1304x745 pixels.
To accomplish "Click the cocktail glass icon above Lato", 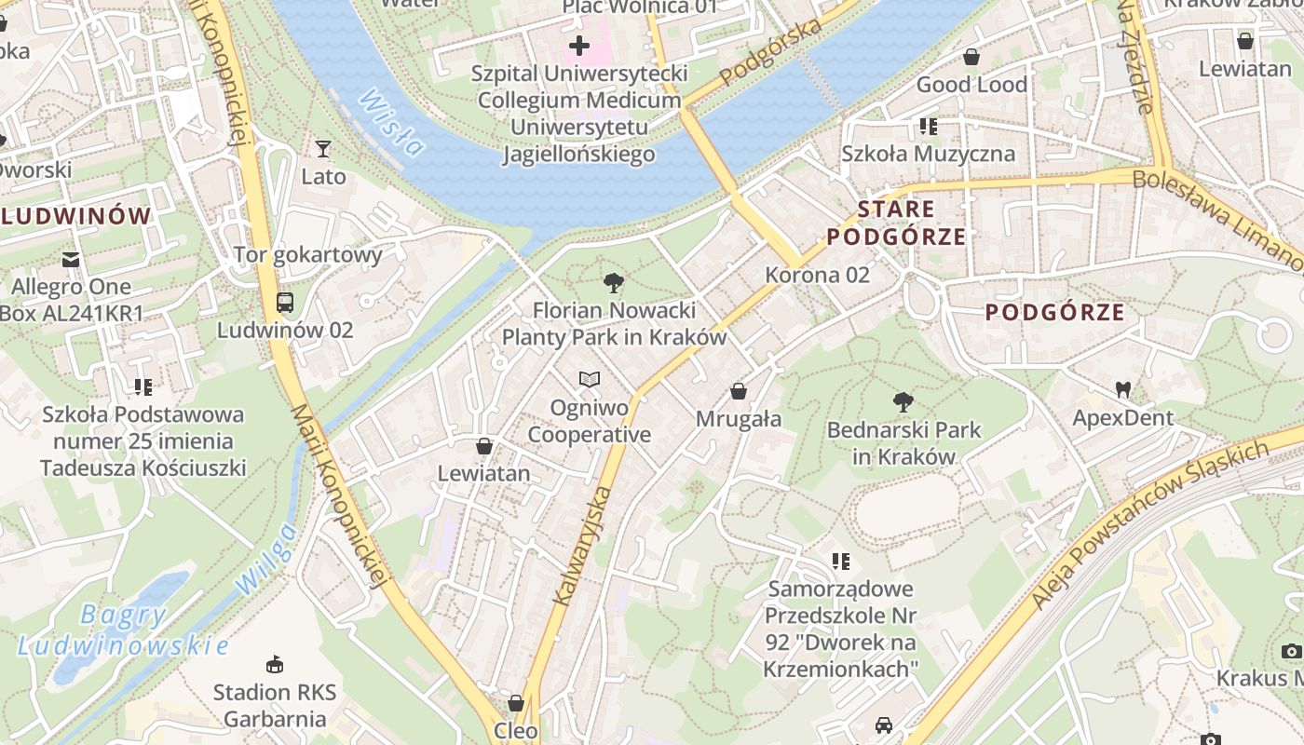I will (x=323, y=149).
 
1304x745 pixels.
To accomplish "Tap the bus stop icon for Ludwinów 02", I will (x=284, y=303).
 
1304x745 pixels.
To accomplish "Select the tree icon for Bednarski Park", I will (x=903, y=402).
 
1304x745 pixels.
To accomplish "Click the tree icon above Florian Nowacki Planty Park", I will (x=613, y=282).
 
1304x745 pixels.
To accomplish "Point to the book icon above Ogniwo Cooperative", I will (x=589, y=379).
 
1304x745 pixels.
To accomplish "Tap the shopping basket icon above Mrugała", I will (x=739, y=391).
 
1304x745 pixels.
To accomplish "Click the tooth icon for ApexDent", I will (x=1122, y=389).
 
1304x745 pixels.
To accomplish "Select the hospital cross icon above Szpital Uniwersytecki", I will (x=579, y=45).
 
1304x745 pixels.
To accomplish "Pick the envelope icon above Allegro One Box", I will (x=71, y=259).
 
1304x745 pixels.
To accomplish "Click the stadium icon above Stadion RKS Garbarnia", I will (x=274, y=664).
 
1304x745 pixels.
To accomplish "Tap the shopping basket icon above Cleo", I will (x=516, y=702).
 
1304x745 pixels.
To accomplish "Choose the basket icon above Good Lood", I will (x=971, y=57).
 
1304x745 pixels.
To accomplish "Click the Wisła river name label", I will (x=392, y=122).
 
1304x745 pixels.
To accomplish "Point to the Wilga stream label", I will (x=265, y=559).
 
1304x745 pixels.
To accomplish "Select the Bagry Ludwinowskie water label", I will (x=123, y=630).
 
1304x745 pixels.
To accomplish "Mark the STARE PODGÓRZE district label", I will (x=896, y=222).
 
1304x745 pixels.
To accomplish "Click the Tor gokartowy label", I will (x=307, y=254).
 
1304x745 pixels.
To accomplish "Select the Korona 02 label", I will (x=817, y=275).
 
